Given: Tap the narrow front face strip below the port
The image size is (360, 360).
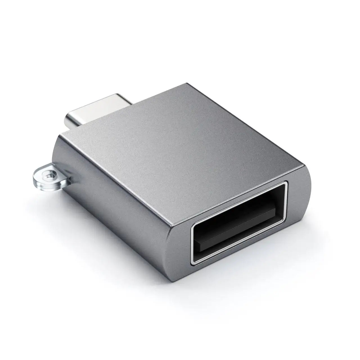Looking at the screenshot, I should pyautogui.click(x=239, y=253).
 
